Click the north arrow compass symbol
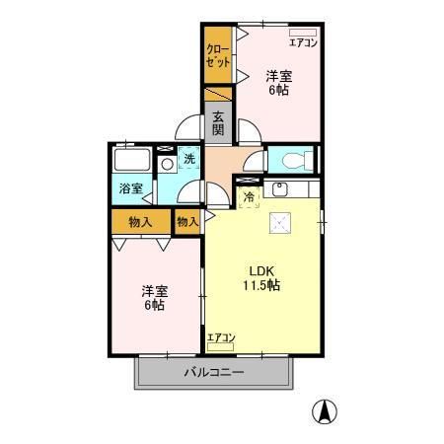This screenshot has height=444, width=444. tap(325, 411)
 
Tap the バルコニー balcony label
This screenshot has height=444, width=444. tap(214, 373)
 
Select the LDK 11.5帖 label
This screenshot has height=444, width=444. tap(261, 278)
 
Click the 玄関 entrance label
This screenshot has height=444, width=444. tap(218, 123)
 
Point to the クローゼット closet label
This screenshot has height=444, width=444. tap(217, 56)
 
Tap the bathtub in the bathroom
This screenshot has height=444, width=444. tap(132, 160)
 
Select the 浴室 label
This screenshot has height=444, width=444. tap(131, 188)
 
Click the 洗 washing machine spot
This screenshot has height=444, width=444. tap(189, 159)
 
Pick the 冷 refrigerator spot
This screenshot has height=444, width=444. tap(249, 197)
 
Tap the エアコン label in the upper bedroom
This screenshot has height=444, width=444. tap(303, 42)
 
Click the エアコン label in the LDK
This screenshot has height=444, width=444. tap(221, 337)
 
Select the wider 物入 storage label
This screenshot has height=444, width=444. tap(140, 222)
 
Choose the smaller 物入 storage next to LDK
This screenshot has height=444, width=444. tap(187, 222)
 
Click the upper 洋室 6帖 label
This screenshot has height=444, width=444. tap(279, 83)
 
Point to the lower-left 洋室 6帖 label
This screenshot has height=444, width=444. tap(154, 298)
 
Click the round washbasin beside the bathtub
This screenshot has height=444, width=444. tap(168, 164)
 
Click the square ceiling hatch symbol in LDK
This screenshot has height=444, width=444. tap(280, 223)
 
